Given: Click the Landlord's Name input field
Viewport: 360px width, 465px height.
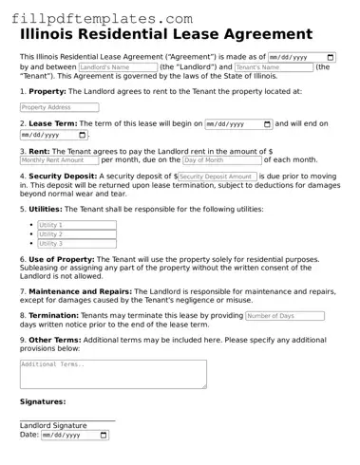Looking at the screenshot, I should [117, 68].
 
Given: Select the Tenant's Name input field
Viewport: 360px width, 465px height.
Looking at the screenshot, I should [272, 68].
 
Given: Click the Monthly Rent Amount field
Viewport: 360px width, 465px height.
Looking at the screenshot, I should [59, 160].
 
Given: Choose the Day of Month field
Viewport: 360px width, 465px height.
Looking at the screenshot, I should [221, 160].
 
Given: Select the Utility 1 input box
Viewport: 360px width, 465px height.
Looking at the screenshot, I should [76, 225].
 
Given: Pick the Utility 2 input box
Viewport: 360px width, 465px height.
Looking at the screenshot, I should [76, 234].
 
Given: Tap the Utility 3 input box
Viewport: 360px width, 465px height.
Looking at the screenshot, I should [76, 244].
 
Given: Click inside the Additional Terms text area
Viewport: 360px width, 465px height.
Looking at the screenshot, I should [112, 374].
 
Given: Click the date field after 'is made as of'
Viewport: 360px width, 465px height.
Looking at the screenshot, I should [302, 57].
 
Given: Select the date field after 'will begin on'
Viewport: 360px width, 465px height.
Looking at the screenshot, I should [238, 124].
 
